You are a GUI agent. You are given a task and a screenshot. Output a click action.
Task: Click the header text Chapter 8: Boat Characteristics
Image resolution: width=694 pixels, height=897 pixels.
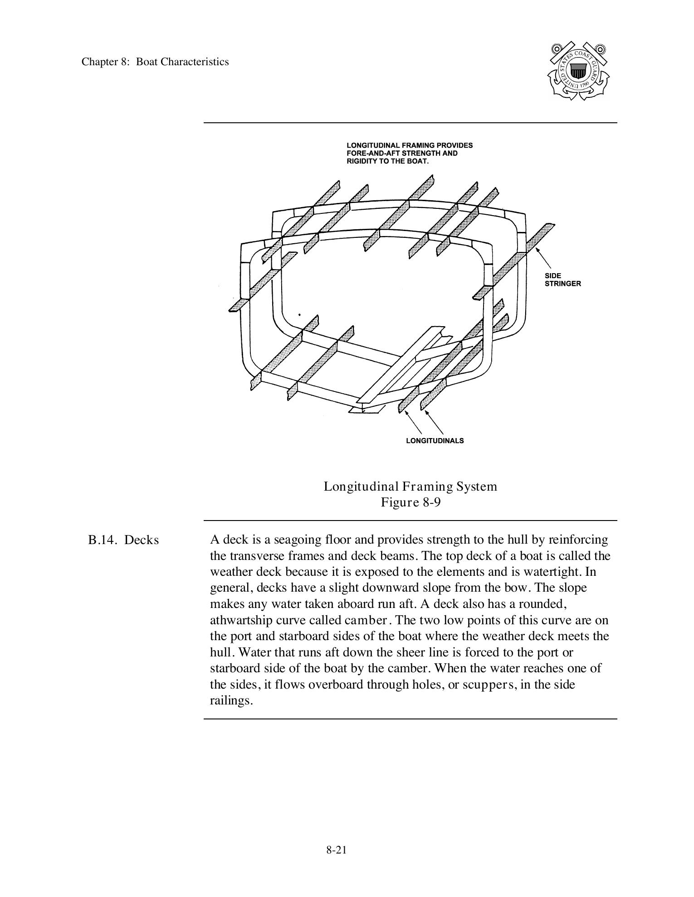point(155,62)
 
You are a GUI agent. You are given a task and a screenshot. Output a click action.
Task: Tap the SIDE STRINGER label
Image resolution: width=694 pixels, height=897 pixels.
point(562,280)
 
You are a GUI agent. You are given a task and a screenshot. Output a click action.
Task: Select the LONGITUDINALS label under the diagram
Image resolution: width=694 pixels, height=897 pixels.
point(435,441)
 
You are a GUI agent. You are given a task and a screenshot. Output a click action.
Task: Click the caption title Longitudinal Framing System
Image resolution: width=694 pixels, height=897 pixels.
point(410,487)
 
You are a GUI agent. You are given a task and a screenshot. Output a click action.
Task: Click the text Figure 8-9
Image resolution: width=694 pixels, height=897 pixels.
point(410,502)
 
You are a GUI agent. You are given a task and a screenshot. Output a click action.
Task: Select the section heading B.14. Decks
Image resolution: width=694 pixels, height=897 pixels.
point(123,540)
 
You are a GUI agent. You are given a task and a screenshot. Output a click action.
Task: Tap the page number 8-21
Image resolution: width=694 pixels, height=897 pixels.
point(336,850)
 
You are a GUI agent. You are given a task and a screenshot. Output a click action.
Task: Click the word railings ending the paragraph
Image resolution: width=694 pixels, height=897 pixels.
point(231,700)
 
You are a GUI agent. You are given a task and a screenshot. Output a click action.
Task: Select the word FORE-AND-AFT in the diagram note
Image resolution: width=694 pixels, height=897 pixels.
point(369,153)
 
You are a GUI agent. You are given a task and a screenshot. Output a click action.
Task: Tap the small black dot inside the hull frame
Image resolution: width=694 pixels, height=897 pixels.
point(299,314)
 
